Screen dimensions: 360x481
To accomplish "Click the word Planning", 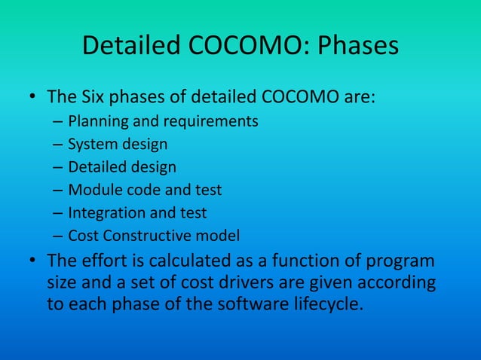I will point(96,121).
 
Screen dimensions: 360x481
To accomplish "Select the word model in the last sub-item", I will point(221,236).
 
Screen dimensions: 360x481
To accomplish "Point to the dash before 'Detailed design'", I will point(58,167).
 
